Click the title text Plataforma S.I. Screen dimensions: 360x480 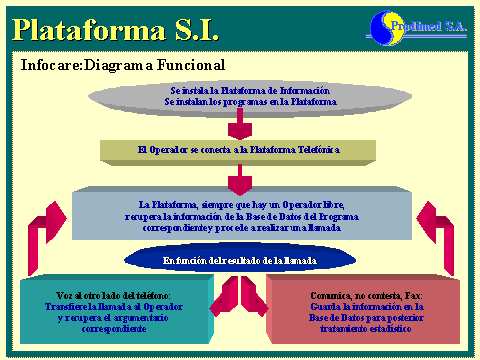pos(115,27)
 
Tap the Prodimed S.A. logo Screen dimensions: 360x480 pos(412,25)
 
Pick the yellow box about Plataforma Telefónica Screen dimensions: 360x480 pos(238,150)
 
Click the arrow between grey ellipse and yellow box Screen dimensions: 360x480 pos(239,126)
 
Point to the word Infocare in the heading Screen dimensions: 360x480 pos(50,65)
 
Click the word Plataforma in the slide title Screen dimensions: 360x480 pos(80,27)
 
